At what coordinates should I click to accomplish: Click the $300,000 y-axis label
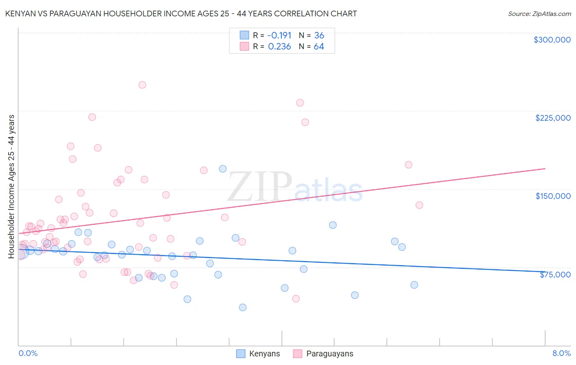(552, 40)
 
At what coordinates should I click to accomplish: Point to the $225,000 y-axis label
(553, 118)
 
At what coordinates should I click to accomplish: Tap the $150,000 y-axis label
(553, 196)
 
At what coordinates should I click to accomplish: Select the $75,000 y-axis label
(555, 275)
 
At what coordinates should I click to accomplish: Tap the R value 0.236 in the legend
(279, 47)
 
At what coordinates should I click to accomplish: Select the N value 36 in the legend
(319, 35)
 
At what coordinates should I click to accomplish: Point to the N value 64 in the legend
(319, 47)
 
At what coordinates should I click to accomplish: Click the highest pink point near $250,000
(142, 85)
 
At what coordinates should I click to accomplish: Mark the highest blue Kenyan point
(223, 169)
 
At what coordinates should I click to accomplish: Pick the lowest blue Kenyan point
(243, 307)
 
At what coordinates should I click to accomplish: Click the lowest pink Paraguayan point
(296, 299)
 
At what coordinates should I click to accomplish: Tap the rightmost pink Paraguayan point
(419, 205)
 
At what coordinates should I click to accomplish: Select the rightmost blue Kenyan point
(414, 285)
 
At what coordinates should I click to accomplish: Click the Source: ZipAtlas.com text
(539, 14)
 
